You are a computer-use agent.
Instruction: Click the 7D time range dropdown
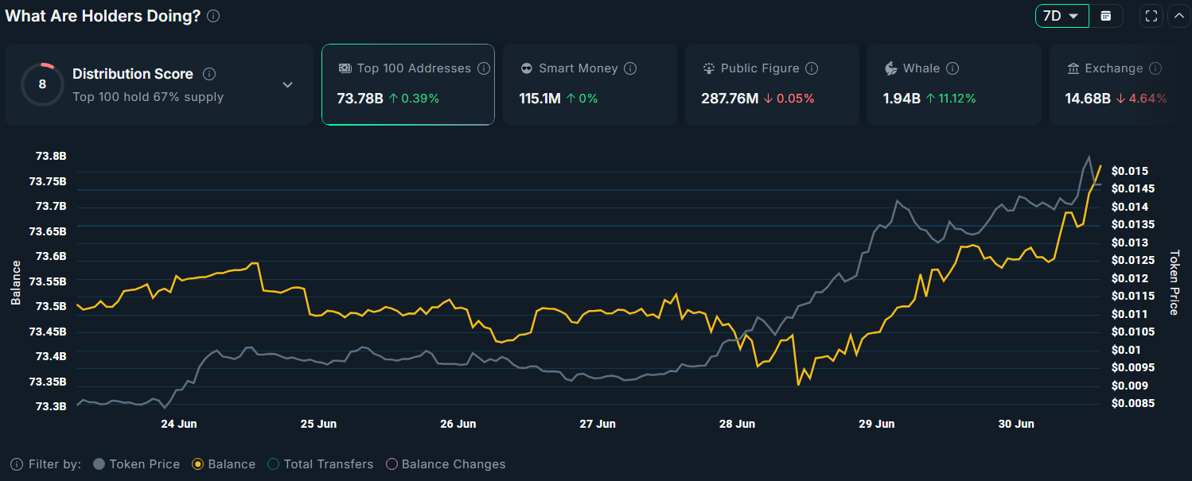[x=1062, y=16]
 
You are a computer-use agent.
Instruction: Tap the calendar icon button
[x=1105, y=16]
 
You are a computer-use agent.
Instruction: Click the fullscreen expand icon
[x=1151, y=16]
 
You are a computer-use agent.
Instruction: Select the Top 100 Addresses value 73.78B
[x=360, y=99]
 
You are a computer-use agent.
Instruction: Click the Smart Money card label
[x=578, y=68]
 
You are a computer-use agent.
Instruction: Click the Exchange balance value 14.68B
[x=1087, y=99]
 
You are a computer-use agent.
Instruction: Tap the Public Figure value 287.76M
[x=730, y=99]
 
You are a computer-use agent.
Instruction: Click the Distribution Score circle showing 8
[x=42, y=84]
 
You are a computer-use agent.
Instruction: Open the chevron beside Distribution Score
[x=288, y=84]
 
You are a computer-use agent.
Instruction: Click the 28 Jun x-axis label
[x=737, y=424]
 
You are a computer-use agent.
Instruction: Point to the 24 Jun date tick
[x=178, y=424]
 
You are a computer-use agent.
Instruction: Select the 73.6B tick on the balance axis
[x=48, y=257]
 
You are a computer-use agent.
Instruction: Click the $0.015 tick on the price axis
[x=1129, y=171]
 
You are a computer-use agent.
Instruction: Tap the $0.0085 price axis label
[x=1132, y=403]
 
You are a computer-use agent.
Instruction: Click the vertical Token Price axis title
[x=1174, y=282]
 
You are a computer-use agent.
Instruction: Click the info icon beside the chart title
[x=213, y=16]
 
